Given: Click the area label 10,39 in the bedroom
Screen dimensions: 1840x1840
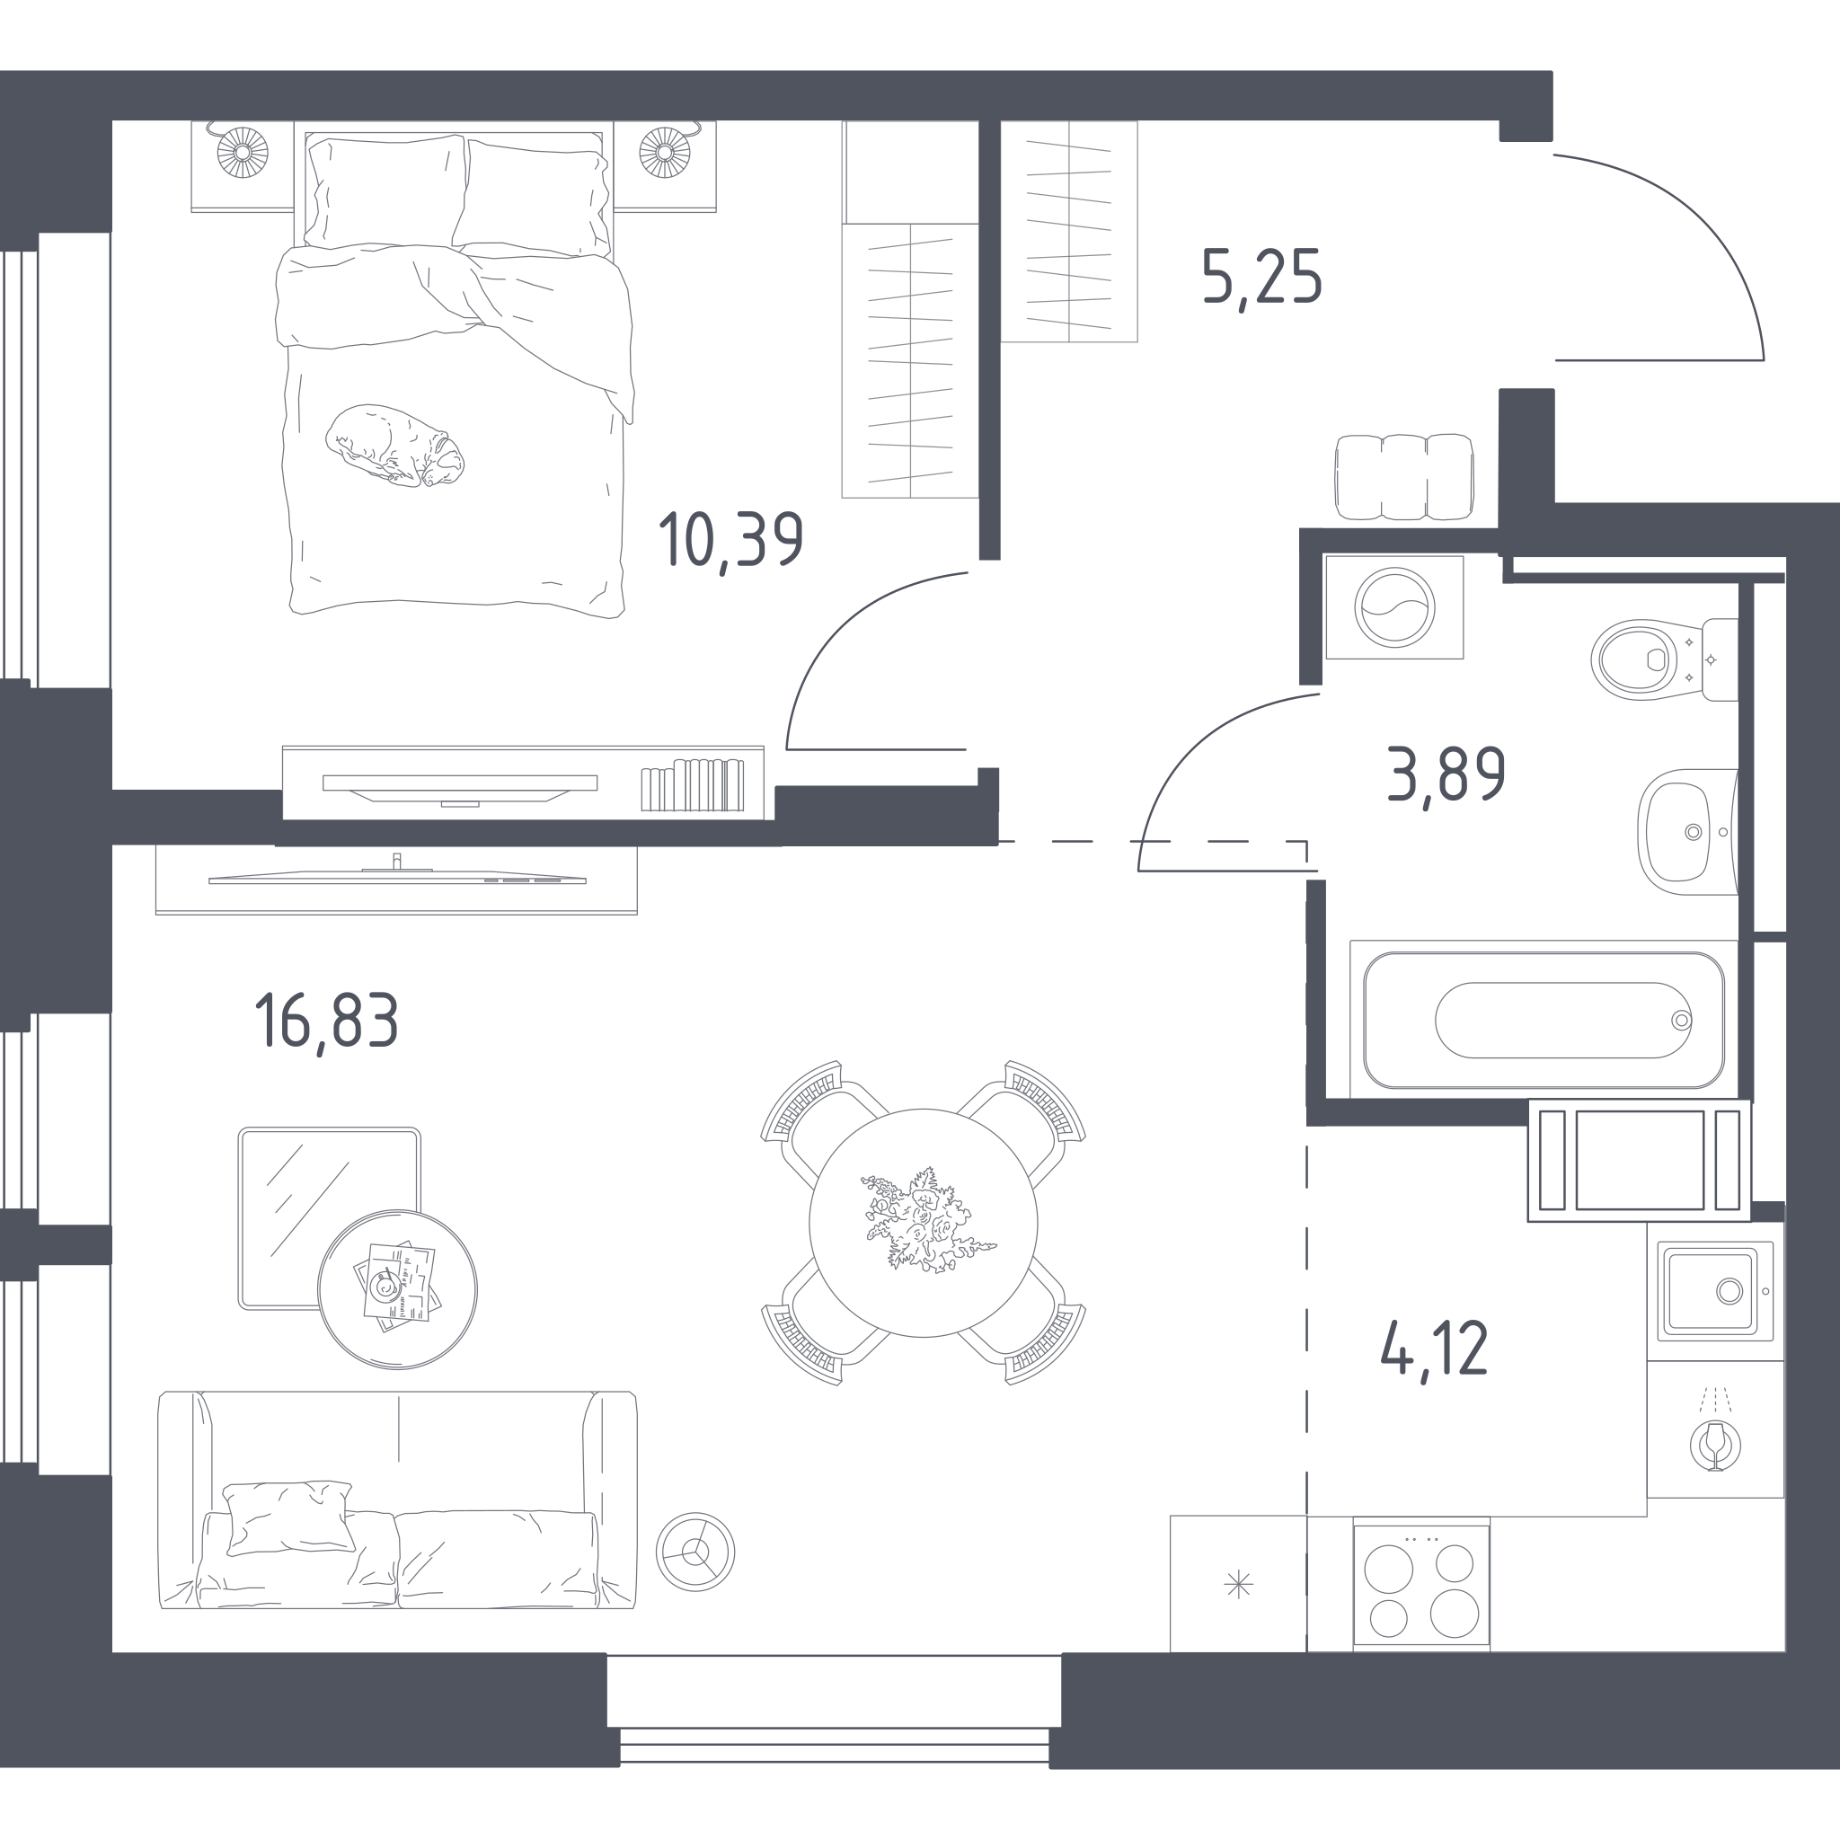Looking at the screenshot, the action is (x=731, y=540).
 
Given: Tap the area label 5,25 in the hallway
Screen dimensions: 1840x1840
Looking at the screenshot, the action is (x=1262, y=277).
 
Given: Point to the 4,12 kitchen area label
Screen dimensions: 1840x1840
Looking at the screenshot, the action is (x=1433, y=1349).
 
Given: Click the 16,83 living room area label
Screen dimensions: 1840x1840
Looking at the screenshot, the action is (x=327, y=1021).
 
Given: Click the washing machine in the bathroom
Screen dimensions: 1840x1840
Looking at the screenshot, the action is (x=1394, y=607).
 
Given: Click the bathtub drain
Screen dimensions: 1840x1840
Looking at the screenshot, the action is (x=1682, y=1020).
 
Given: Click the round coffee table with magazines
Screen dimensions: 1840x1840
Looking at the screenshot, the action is (x=397, y=1289).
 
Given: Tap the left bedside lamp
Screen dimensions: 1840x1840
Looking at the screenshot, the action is (x=242, y=152).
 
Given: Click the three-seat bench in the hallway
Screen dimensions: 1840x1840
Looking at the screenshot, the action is (x=1404, y=477).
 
